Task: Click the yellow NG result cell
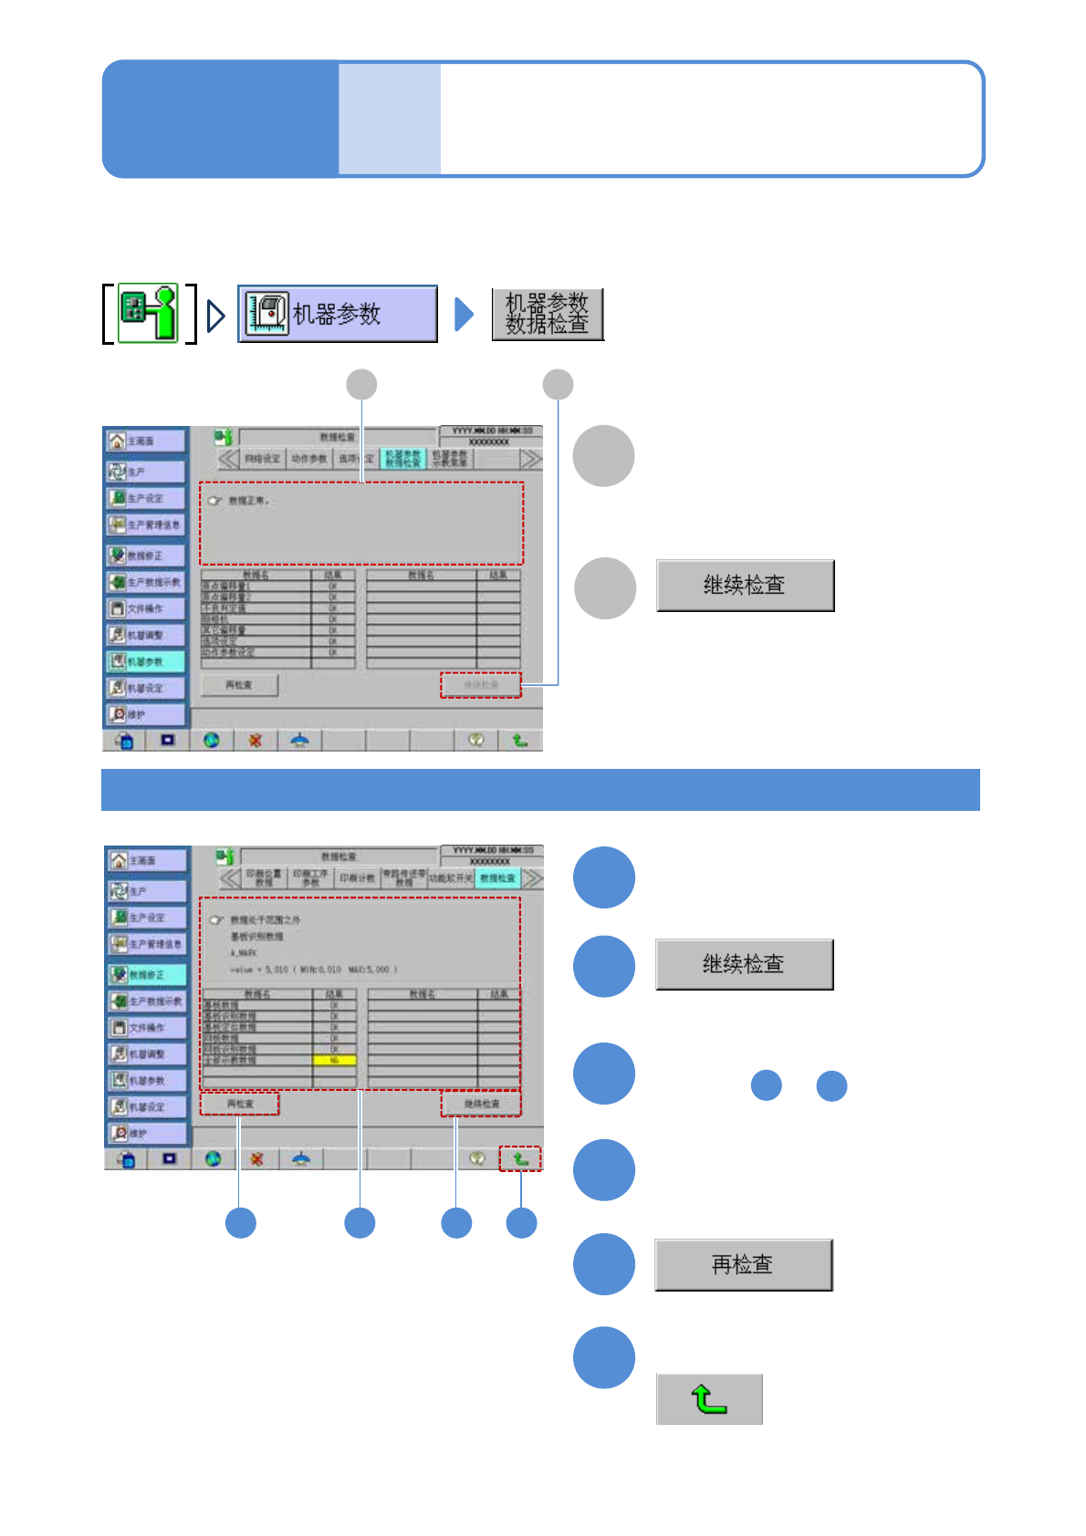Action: pyautogui.click(x=334, y=1060)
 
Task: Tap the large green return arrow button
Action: pyautogui.click(x=709, y=1398)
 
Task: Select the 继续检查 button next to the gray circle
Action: pyautogui.click(x=745, y=586)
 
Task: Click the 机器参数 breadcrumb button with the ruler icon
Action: pyautogui.click(x=338, y=314)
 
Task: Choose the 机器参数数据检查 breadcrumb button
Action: pyautogui.click(x=548, y=315)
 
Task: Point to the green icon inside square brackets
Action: pyautogui.click(x=149, y=314)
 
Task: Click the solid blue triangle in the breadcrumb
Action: pyautogui.click(x=464, y=314)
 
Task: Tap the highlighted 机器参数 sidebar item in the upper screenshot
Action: pyautogui.click(x=145, y=661)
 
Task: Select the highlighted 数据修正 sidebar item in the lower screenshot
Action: pyautogui.click(x=147, y=974)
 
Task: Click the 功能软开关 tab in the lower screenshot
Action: pyautogui.click(x=451, y=878)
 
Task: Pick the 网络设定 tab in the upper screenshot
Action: pyautogui.click(x=263, y=459)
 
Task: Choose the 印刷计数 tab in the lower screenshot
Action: pyautogui.click(x=357, y=878)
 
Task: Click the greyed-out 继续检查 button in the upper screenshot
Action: pyautogui.click(x=481, y=685)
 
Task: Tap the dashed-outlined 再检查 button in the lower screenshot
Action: pyautogui.click(x=240, y=1104)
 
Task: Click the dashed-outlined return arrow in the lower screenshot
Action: pyautogui.click(x=520, y=1158)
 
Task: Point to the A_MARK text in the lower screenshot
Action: pyautogui.click(x=244, y=952)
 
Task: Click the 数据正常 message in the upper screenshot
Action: pyautogui.click(x=248, y=501)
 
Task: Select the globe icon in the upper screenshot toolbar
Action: pyautogui.click(x=212, y=740)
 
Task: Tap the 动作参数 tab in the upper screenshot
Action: pyautogui.click(x=309, y=459)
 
